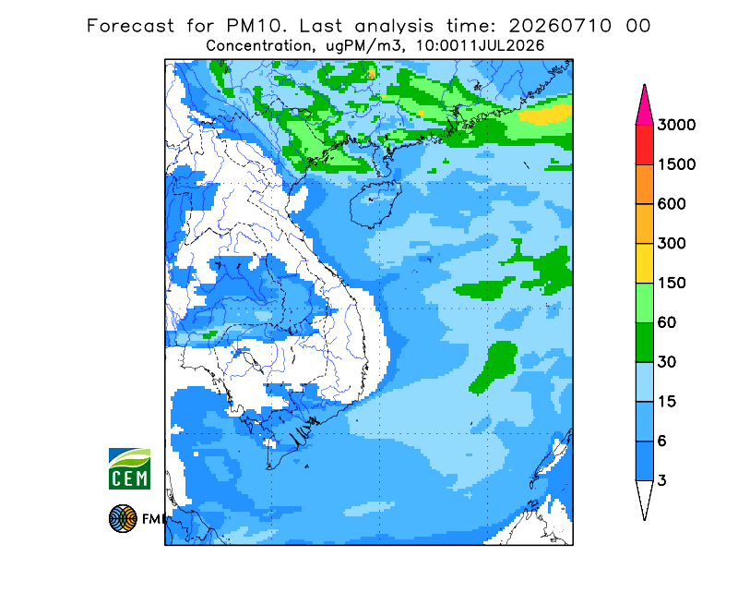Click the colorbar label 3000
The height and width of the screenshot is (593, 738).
(676, 125)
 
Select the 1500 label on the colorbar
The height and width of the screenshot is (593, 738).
(676, 164)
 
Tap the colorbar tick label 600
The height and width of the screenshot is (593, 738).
(672, 204)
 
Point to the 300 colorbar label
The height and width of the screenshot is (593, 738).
(672, 244)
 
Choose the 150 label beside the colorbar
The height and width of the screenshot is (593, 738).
(672, 284)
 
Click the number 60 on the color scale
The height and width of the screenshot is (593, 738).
(666, 323)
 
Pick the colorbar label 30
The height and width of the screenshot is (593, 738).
(666, 362)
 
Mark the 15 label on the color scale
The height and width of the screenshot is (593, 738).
(666, 402)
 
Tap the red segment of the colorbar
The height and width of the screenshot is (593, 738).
(644, 145)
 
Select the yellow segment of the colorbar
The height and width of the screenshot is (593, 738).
(644, 263)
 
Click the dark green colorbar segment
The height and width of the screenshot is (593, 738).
(644, 343)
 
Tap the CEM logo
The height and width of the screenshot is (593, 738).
(129, 468)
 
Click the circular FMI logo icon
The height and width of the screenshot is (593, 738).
(123, 518)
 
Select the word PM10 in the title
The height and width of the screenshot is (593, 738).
(256, 26)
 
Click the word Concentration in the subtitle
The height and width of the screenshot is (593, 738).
(258, 46)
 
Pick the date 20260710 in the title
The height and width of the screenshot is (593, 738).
(560, 26)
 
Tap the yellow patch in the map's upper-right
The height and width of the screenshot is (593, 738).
(547, 115)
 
